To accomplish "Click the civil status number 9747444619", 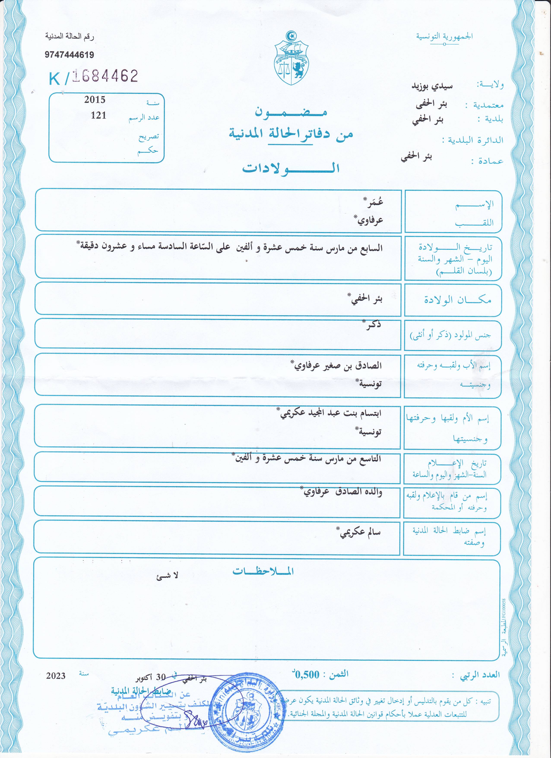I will pyautogui.click(x=70, y=55).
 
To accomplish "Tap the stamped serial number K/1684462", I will pyautogui.click(x=93, y=77).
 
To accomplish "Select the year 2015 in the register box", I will pyautogui.click(x=95, y=100).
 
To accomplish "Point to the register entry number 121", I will pyautogui.click(x=98, y=116).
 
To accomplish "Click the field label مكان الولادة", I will pyautogui.click(x=458, y=300).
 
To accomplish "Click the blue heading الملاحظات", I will pyautogui.click(x=263, y=571).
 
